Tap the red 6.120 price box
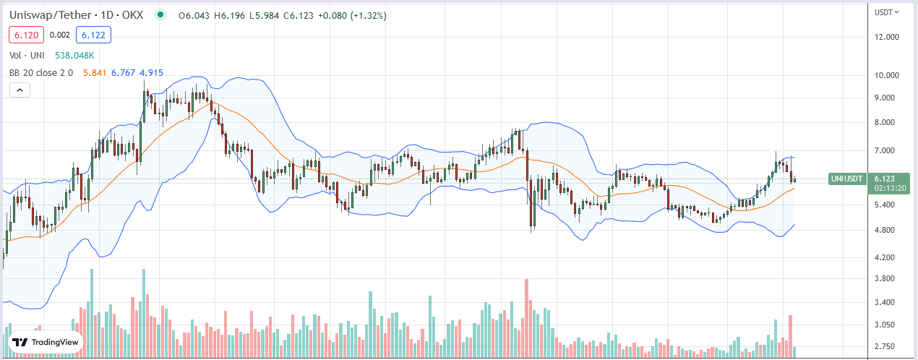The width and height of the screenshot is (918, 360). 26,34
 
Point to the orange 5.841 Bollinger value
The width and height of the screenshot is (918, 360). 95,72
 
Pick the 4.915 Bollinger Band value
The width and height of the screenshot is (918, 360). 151,72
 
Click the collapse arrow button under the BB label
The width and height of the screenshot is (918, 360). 20,90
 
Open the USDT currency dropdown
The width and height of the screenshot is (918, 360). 886,12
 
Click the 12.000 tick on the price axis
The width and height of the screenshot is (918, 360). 886,37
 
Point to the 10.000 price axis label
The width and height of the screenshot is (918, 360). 886,75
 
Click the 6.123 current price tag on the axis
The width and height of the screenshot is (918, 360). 885,178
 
